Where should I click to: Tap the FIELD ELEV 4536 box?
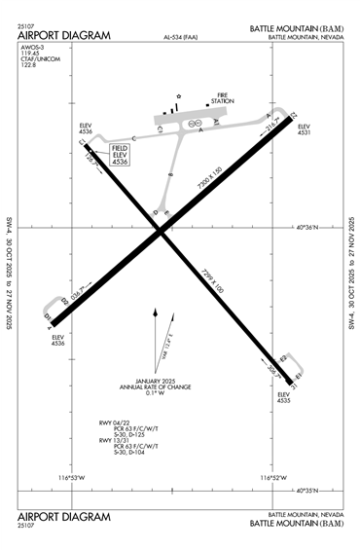119,154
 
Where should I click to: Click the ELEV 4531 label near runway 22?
303,130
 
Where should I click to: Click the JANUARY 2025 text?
154,381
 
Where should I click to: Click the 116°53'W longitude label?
72,477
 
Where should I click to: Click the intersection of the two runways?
160,230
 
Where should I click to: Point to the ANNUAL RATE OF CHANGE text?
155,387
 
